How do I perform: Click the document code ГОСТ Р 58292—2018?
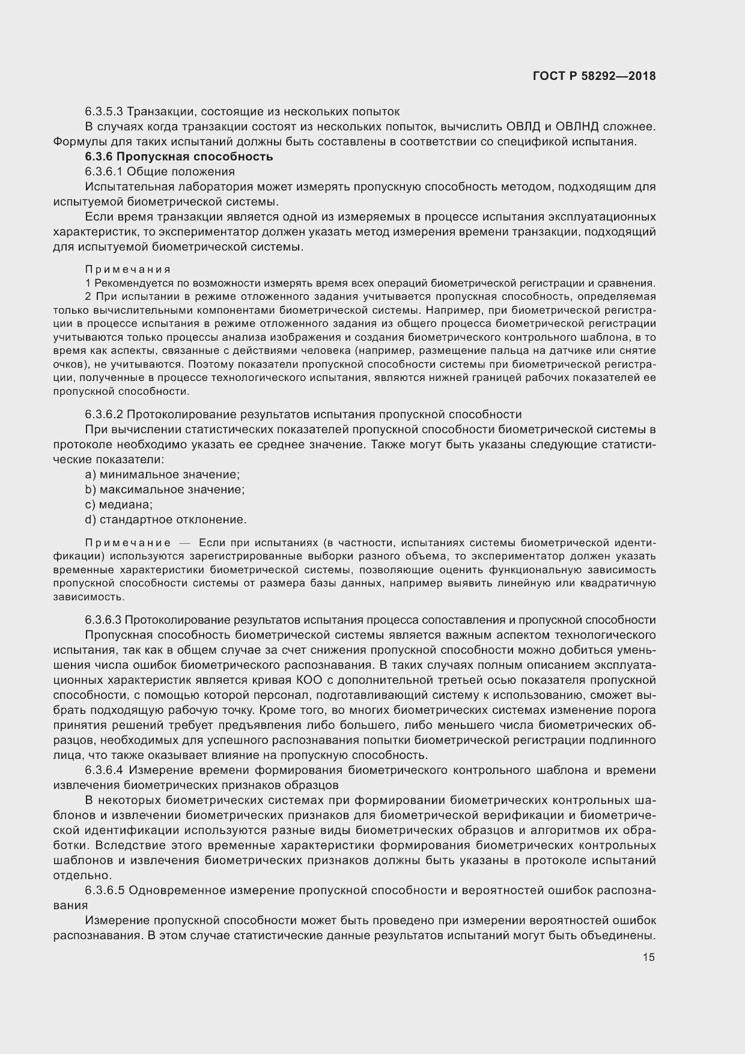594,76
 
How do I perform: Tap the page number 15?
648,957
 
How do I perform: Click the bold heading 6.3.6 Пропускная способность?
179,157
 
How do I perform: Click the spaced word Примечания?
127,269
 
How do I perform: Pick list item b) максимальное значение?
165,490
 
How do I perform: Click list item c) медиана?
119,505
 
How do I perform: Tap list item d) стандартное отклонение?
166,520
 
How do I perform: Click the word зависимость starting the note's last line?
81,597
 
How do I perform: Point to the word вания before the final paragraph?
70,906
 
